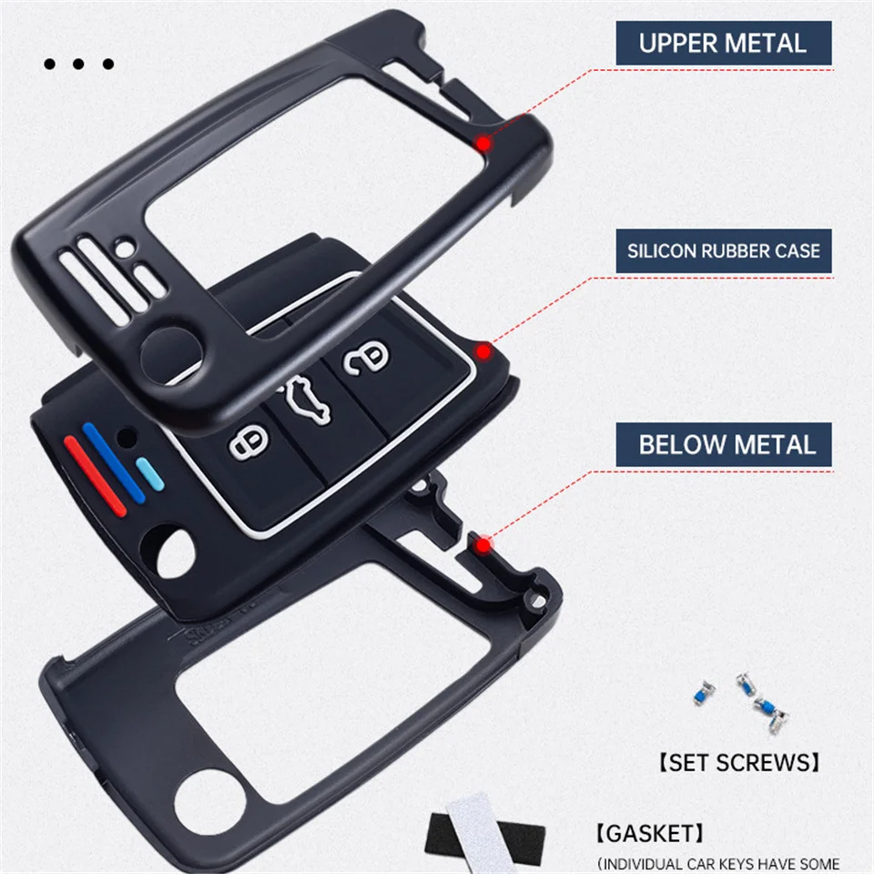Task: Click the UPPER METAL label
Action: [x=723, y=43]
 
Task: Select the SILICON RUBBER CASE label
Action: [x=723, y=250]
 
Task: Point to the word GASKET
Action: [x=651, y=833]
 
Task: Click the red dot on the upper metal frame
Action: [x=484, y=144]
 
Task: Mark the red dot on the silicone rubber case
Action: [x=484, y=350]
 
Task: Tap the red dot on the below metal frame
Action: [x=484, y=544]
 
